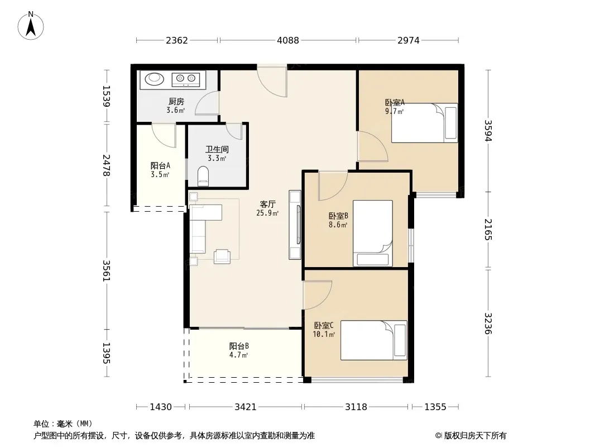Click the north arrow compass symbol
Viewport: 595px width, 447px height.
31,26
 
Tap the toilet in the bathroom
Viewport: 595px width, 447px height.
203,176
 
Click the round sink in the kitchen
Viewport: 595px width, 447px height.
155,79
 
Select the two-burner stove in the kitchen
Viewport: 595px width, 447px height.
186,79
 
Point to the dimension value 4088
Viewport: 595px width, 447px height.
288,40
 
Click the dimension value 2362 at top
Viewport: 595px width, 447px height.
177,40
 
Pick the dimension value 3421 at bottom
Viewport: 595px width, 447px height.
246,407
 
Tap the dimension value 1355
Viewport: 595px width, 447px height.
435,407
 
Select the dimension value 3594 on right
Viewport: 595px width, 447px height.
488,131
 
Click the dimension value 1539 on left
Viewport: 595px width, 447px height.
107,96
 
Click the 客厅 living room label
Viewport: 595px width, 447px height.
267,205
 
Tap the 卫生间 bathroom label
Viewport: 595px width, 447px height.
217,150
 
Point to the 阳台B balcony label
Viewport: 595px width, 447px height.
239,346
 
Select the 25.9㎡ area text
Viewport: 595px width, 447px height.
267,213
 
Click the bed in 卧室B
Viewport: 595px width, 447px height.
373,233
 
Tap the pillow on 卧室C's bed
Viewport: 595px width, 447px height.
400,340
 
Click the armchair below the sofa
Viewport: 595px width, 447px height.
222,256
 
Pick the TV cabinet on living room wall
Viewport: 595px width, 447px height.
295,225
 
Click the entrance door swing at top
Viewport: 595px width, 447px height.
272,82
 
